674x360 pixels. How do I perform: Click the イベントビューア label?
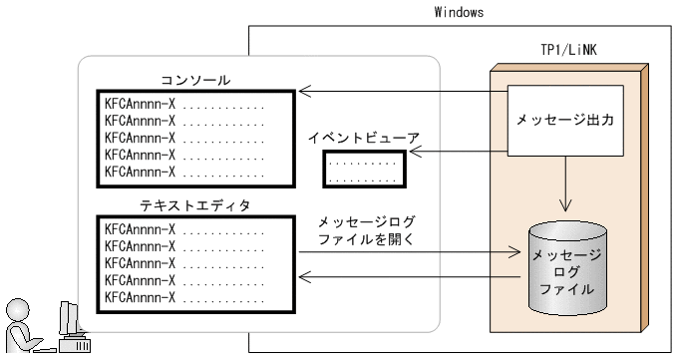click(363, 135)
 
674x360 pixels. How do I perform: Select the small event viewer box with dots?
click(363, 170)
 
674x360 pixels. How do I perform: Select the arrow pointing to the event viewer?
click(459, 152)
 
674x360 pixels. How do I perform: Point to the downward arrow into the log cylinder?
click(565, 195)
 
